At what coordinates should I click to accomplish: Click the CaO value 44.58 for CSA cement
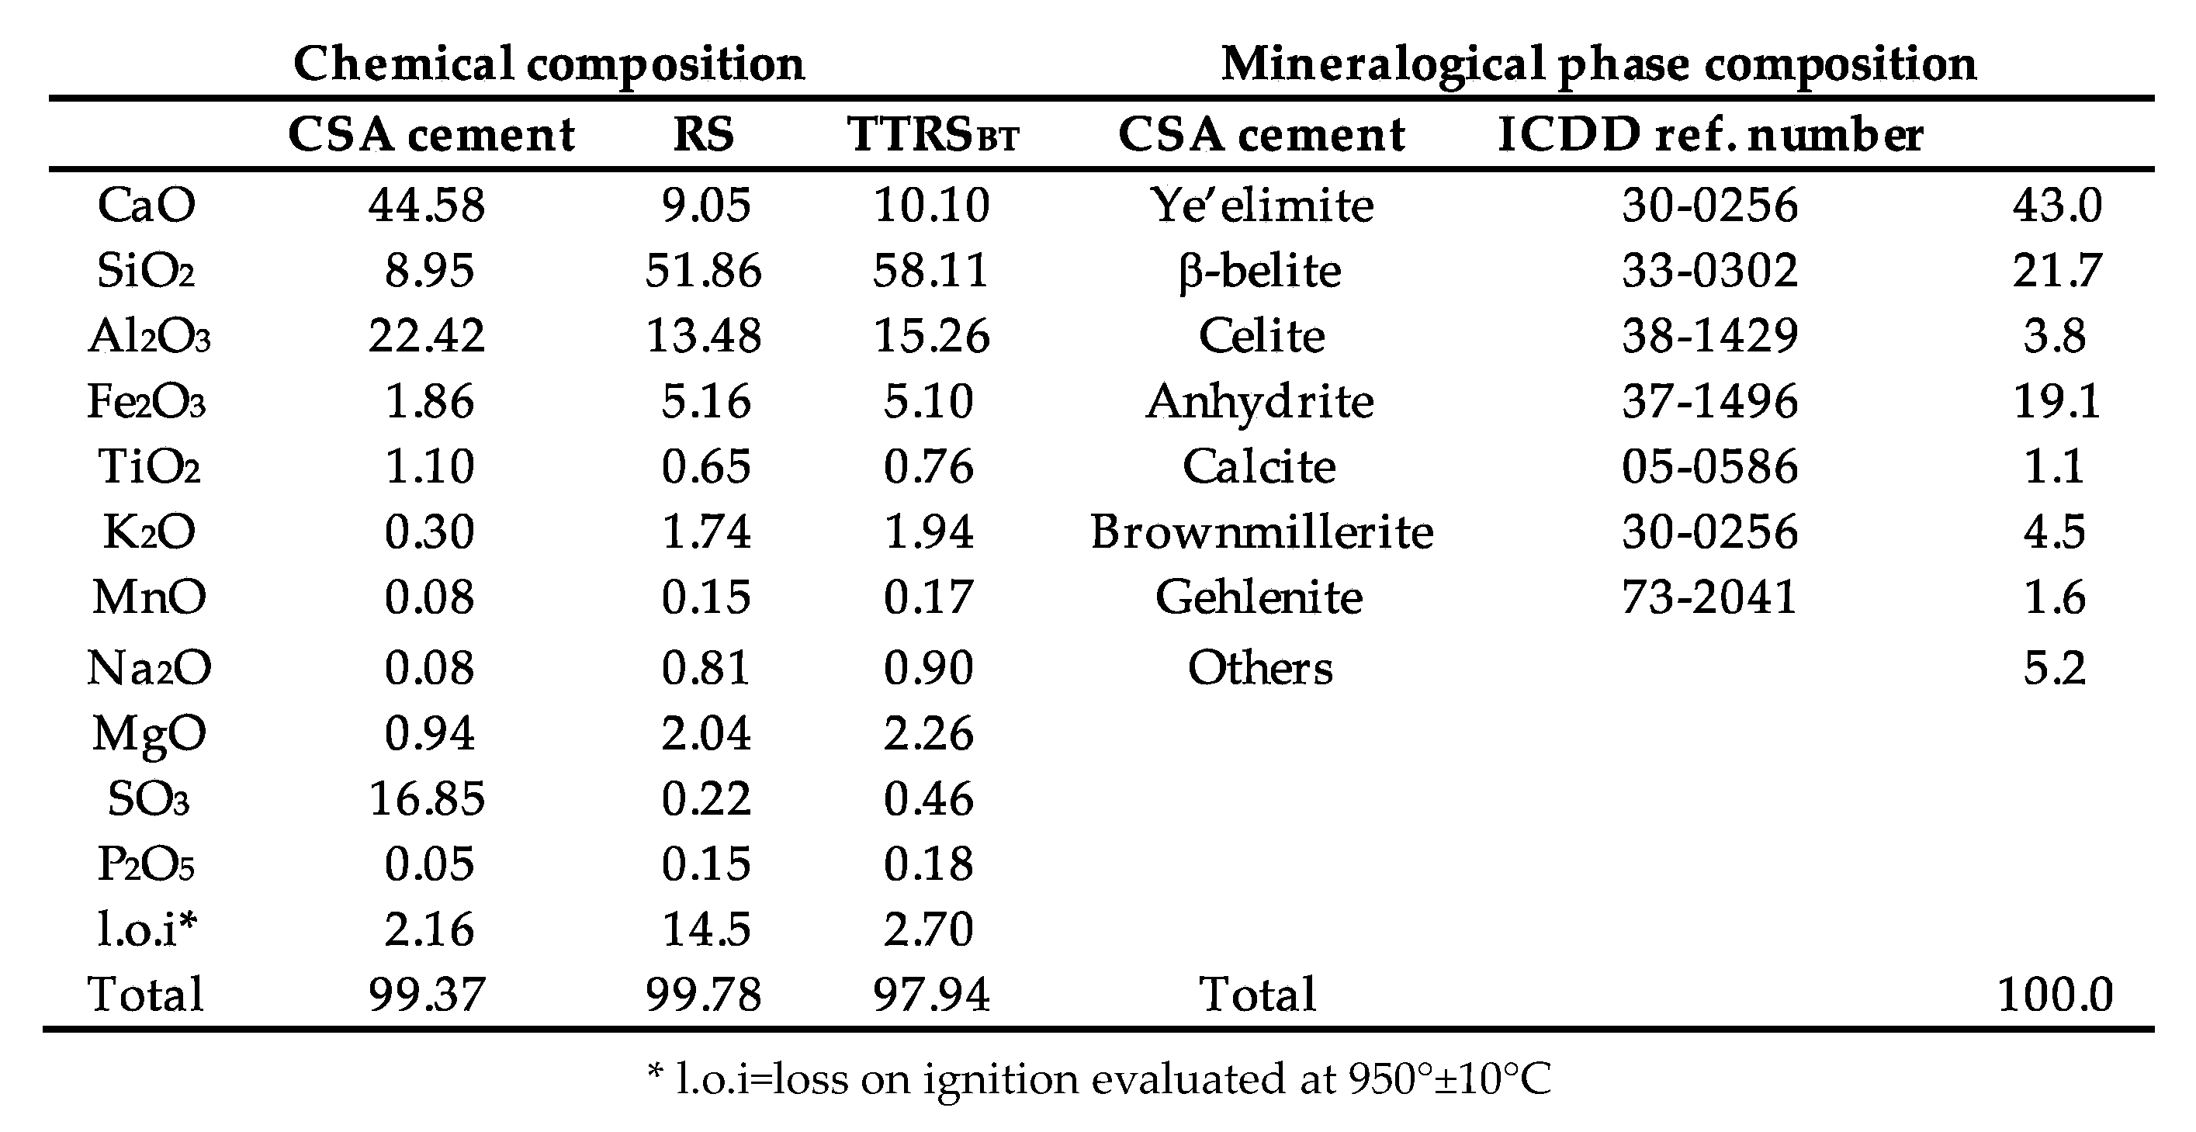pyautogui.click(x=426, y=206)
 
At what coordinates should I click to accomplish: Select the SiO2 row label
pyautogui.click(x=146, y=271)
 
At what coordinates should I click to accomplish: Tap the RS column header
pyautogui.click(x=703, y=133)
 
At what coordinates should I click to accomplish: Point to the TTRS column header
pyautogui.click(x=933, y=133)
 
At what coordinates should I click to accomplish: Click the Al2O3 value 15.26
pyautogui.click(x=931, y=336)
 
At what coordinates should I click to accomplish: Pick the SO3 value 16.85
pyautogui.click(x=426, y=798)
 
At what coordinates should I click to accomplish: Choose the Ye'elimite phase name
pyautogui.click(x=1262, y=206)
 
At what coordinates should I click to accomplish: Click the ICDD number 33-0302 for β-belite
pyautogui.click(x=1709, y=271)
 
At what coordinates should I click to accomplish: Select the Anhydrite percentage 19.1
pyautogui.click(x=2056, y=401)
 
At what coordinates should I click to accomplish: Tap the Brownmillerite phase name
pyautogui.click(x=1262, y=532)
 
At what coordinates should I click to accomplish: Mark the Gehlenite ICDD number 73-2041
pyautogui.click(x=1709, y=597)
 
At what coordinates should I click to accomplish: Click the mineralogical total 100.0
pyautogui.click(x=2055, y=995)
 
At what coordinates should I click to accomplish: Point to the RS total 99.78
pyautogui.click(x=703, y=995)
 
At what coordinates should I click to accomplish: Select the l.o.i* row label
pyautogui.click(x=146, y=929)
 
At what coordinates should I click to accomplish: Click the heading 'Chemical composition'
pyautogui.click(x=548, y=64)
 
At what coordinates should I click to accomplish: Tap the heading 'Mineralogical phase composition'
pyautogui.click(x=1599, y=64)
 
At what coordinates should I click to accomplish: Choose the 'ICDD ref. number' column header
pyautogui.click(x=1709, y=133)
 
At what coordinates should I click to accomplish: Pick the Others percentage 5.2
pyautogui.click(x=2055, y=668)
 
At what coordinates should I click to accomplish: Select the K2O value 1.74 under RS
pyautogui.click(x=706, y=532)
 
